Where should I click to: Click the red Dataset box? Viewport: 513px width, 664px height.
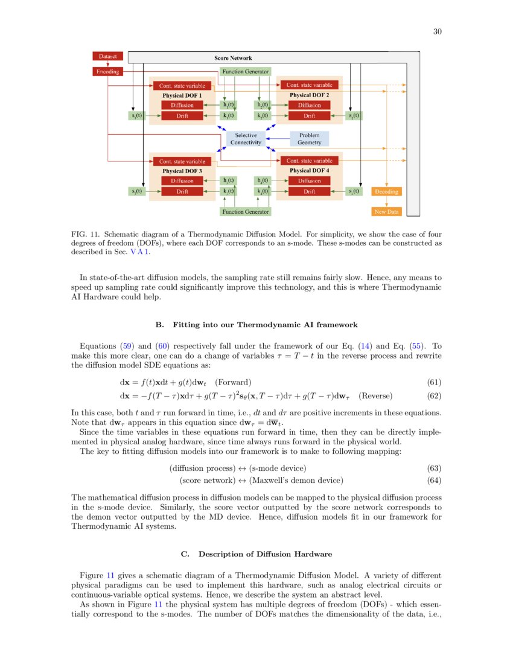[x=108, y=56]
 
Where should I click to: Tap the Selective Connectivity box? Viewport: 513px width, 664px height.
[x=246, y=139]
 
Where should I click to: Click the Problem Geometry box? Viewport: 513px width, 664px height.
[x=310, y=139]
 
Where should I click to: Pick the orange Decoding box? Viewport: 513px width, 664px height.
[x=386, y=191]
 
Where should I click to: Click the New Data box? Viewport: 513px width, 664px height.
[x=386, y=212]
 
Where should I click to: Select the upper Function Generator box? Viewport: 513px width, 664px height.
[x=245, y=71]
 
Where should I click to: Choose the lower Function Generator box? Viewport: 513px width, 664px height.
[x=245, y=212]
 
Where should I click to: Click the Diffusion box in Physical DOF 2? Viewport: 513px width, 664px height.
[x=309, y=105]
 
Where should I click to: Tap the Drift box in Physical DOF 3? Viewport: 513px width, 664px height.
[x=182, y=191]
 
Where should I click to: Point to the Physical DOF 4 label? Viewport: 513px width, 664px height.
[x=309, y=171]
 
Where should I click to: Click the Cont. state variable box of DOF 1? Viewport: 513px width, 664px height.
[x=182, y=86]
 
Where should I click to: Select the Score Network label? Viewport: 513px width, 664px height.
[x=233, y=59]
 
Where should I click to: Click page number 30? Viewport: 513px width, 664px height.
[x=438, y=32]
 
